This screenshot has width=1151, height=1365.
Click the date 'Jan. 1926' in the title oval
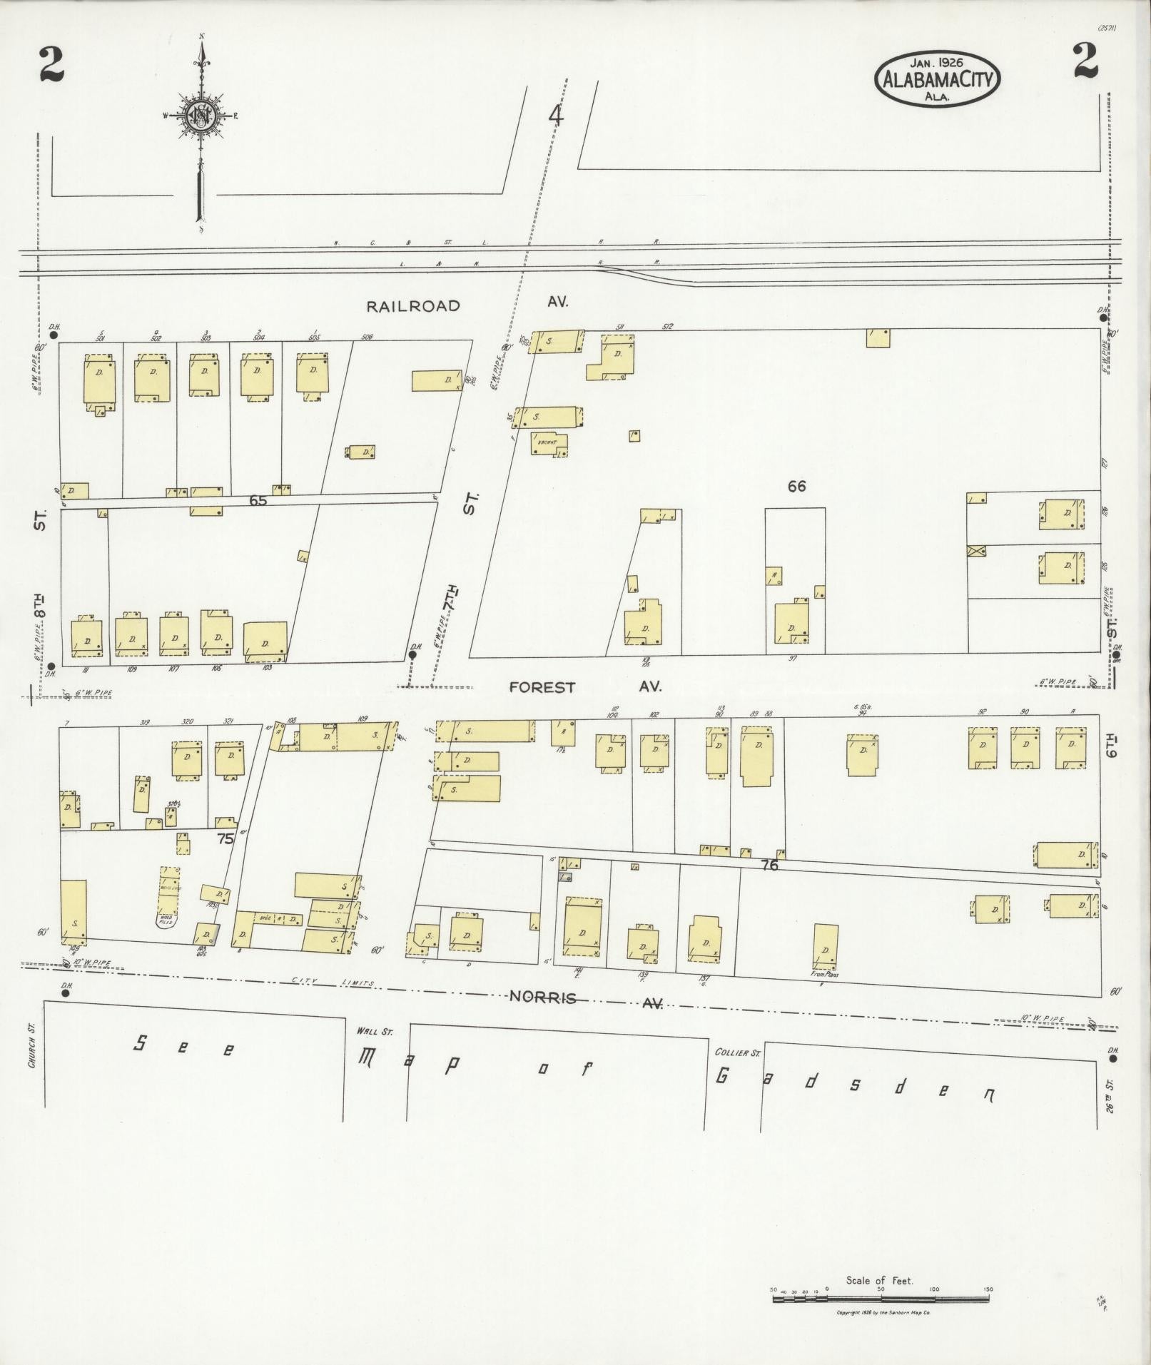[x=937, y=63]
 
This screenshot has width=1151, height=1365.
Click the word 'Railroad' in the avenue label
[x=413, y=306]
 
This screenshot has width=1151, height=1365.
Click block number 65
[x=258, y=501]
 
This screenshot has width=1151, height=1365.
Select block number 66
[x=796, y=486]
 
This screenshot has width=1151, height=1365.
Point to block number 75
[x=225, y=839]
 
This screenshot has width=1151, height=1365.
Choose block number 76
[x=769, y=865]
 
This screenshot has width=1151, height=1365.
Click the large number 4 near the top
[x=555, y=115]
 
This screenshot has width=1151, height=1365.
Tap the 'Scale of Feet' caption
[x=879, y=1281]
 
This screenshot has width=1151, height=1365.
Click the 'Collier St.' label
[x=739, y=1052]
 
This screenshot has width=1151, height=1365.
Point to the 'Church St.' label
[x=31, y=1047]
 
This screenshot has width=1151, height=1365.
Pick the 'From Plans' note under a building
[x=824, y=974]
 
